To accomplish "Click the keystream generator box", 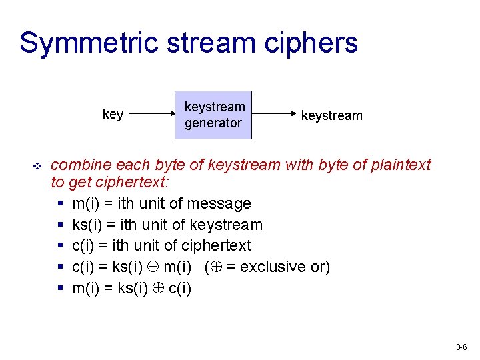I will pyautogui.click(x=213, y=115).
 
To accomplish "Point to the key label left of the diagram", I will pyautogui.click(x=113, y=115).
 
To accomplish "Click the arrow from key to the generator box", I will pyautogui.click(x=151, y=115).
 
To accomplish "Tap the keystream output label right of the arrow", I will pyautogui.click(x=331, y=115).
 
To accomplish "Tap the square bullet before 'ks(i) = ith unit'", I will pyautogui.click(x=61, y=225).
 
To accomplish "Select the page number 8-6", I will pyautogui.click(x=461, y=347).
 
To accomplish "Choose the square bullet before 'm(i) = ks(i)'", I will pyautogui.click(x=61, y=288).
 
